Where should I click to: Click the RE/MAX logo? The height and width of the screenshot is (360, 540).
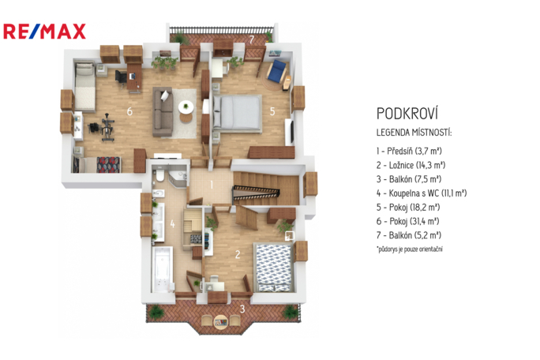44,32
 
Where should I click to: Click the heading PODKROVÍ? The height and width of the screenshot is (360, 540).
407,114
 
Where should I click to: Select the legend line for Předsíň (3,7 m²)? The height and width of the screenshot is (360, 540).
409,151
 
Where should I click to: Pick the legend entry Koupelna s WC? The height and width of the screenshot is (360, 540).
422,193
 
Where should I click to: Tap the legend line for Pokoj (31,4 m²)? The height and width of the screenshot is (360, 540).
407,221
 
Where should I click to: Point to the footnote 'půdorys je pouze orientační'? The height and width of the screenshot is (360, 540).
410,249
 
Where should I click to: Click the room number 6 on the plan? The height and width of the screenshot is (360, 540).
129,111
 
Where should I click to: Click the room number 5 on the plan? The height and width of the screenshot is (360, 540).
272,111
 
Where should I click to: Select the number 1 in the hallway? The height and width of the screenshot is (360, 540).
212,185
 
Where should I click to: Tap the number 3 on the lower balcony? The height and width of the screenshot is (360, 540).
242,309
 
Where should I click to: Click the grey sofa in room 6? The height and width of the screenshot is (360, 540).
163,111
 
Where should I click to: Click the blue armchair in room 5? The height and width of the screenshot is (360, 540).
277,70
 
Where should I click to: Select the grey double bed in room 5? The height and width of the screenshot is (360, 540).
237,113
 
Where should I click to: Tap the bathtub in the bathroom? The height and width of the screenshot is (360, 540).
162,269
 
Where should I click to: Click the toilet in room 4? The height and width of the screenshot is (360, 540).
159,174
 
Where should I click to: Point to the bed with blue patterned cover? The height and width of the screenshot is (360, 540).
273,268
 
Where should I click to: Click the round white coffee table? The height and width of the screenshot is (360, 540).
186,107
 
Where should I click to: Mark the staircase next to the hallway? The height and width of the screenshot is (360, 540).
266,189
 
